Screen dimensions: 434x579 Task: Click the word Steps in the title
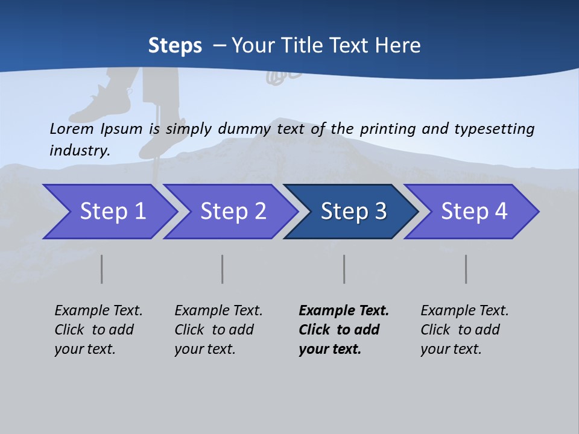pyautogui.click(x=175, y=46)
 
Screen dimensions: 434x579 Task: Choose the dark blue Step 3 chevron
pyautogui.click(x=352, y=212)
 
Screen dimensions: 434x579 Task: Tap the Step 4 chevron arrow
pyautogui.click(x=473, y=212)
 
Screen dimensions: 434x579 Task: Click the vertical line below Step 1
pyautogui.click(x=102, y=269)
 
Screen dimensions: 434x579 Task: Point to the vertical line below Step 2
pyautogui.click(x=223, y=269)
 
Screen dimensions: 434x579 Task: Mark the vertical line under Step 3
pyautogui.click(x=344, y=269)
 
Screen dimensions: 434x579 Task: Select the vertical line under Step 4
pyautogui.click(x=466, y=269)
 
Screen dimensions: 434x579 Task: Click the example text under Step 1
pyautogui.click(x=98, y=330)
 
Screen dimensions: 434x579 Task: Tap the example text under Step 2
pyautogui.click(x=218, y=330)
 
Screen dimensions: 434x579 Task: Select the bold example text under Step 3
pyautogui.click(x=343, y=330)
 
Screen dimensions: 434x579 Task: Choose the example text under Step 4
pyautogui.click(x=464, y=330)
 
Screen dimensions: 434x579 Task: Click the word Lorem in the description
pyautogui.click(x=71, y=129)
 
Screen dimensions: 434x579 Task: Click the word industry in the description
pyautogui.click(x=79, y=151)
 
